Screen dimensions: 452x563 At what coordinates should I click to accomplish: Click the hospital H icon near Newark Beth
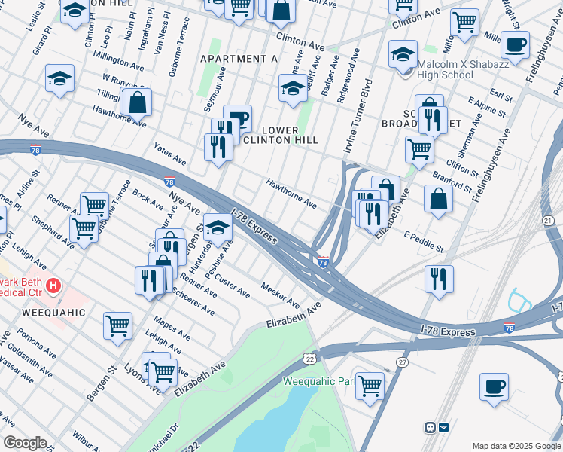coord(53,286)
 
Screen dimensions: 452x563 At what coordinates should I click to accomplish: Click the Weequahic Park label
coord(318,381)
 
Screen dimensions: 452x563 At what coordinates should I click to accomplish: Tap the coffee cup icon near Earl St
coord(515,45)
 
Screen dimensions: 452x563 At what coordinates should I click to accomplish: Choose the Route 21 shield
coord(548,219)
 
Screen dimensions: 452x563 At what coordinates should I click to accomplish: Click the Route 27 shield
coord(403,362)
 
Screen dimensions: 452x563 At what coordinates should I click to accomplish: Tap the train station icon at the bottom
coord(437,427)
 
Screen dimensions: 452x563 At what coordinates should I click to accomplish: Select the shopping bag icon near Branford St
coord(438,199)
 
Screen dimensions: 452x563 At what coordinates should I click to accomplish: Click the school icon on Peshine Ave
coord(218,227)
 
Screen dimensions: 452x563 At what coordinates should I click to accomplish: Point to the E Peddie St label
coord(424,241)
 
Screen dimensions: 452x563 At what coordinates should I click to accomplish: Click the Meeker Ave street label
coord(280,295)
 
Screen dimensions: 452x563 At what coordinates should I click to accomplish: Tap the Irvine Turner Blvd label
coord(359,116)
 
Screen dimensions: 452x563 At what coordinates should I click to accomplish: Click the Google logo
coord(25,443)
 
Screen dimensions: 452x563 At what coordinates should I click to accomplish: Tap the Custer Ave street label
coord(232,286)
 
